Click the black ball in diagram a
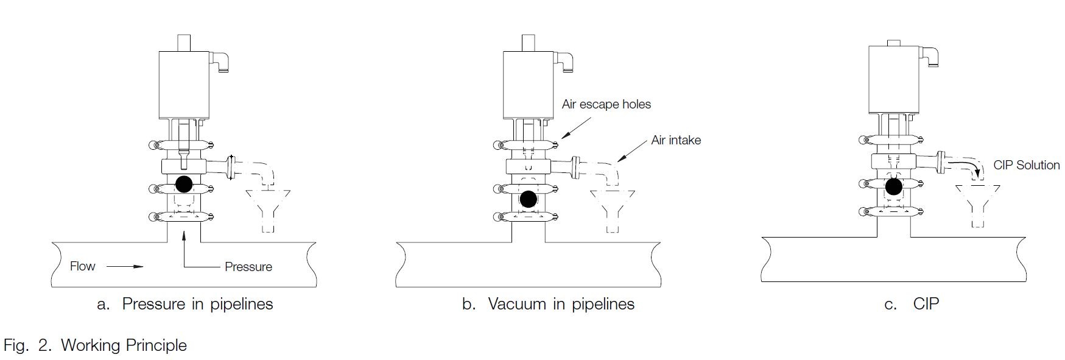(x=183, y=183)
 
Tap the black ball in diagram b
(x=529, y=199)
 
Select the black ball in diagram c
(x=893, y=186)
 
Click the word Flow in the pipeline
(x=83, y=266)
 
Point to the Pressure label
(x=248, y=267)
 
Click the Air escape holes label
(x=606, y=104)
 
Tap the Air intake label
(x=676, y=140)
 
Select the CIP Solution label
(x=1027, y=165)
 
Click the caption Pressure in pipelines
(x=197, y=304)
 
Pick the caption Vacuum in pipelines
(x=561, y=304)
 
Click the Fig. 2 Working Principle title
(x=95, y=345)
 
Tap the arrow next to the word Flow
(x=125, y=266)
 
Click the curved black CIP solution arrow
(x=965, y=167)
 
